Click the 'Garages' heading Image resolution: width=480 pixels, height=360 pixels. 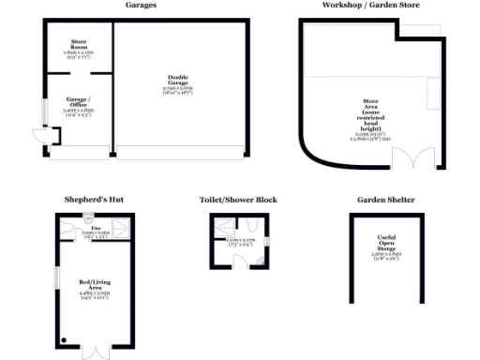click(141, 5)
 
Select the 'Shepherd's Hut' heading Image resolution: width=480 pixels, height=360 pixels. click(94, 200)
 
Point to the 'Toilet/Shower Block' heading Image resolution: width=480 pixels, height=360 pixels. click(238, 200)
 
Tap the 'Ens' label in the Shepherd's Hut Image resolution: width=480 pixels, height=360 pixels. click(96, 226)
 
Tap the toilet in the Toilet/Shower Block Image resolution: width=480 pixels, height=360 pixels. click(251, 225)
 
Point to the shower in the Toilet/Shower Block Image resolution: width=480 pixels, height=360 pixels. click(224, 227)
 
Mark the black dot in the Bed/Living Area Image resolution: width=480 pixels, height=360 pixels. click(64, 339)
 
